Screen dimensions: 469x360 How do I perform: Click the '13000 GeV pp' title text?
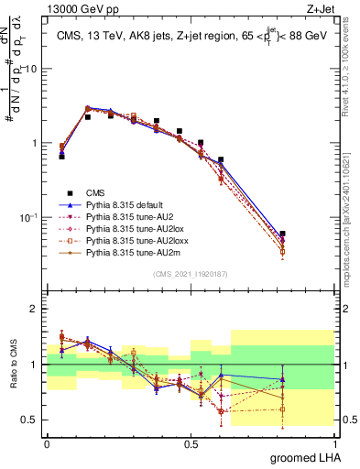coord(78,9)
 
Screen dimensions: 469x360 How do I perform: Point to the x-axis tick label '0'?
coord(47,444)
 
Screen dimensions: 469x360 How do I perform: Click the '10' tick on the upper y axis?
coord(30,70)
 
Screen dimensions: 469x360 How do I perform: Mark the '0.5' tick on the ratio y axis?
coord(31,420)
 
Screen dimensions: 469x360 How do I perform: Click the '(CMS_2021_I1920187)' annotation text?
coord(191,274)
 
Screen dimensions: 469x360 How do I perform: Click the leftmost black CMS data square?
coord(61,157)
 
